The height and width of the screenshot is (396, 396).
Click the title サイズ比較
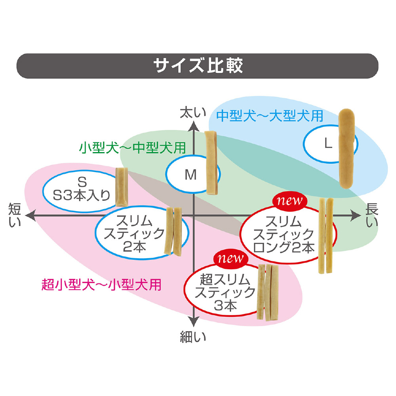(198, 66)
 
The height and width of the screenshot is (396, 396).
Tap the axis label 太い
(193, 113)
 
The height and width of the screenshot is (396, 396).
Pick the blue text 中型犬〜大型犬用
(270, 115)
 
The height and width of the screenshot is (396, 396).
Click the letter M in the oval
(191, 175)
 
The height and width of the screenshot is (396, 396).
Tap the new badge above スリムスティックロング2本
(289, 201)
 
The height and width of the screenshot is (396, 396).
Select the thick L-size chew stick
(347, 148)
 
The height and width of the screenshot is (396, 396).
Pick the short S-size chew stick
(121, 187)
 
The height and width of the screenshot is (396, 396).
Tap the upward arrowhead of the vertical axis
(193, 126)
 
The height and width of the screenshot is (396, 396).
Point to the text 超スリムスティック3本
(225, 293)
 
